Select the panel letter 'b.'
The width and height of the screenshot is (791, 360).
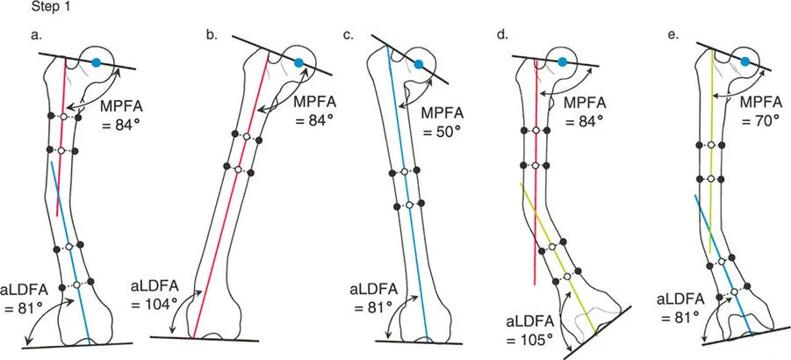coord(211,36)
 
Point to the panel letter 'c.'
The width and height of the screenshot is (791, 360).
coord(348,36)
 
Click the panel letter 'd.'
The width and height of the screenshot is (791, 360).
coord(501,36)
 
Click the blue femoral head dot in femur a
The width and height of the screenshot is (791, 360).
coord(96,62)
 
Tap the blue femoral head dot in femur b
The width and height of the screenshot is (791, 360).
coord(299,62)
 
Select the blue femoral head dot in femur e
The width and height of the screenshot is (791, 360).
coord(744,61)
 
